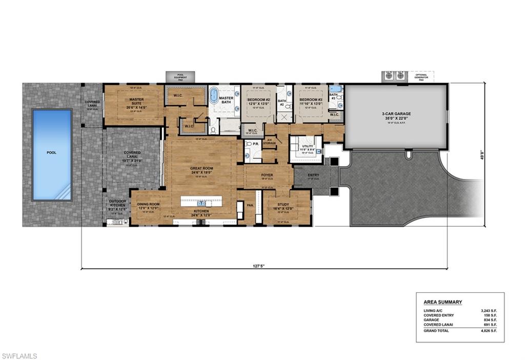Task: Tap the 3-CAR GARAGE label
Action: click(x=396, y=114)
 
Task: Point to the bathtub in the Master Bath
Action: click(x=213, y=96)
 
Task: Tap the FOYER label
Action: click(x=267, y=175)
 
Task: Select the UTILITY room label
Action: click(x=307, y=146)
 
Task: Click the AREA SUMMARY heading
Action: click(x=442, y=302)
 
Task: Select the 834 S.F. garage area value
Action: click(x=490, y=319)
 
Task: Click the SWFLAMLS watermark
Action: click(x=19, y=355)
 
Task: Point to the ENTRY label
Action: click(x=313, y=175)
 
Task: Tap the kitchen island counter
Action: click(x=201, y=202)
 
